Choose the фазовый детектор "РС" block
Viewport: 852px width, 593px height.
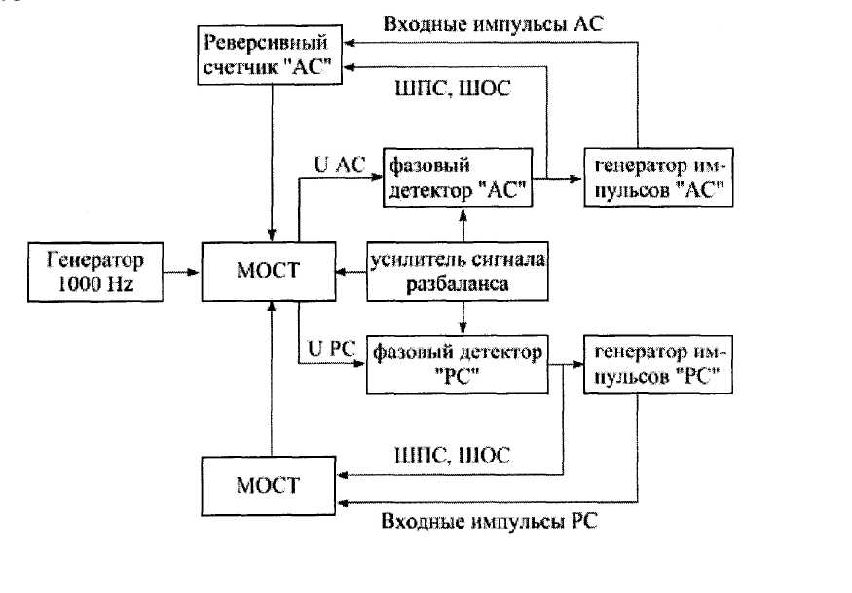point(457,365)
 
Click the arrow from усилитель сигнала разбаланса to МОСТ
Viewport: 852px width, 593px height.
point(348,273)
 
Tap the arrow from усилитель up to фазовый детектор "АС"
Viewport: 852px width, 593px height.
point(463,225)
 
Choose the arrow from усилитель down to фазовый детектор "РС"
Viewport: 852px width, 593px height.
point(463,318)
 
